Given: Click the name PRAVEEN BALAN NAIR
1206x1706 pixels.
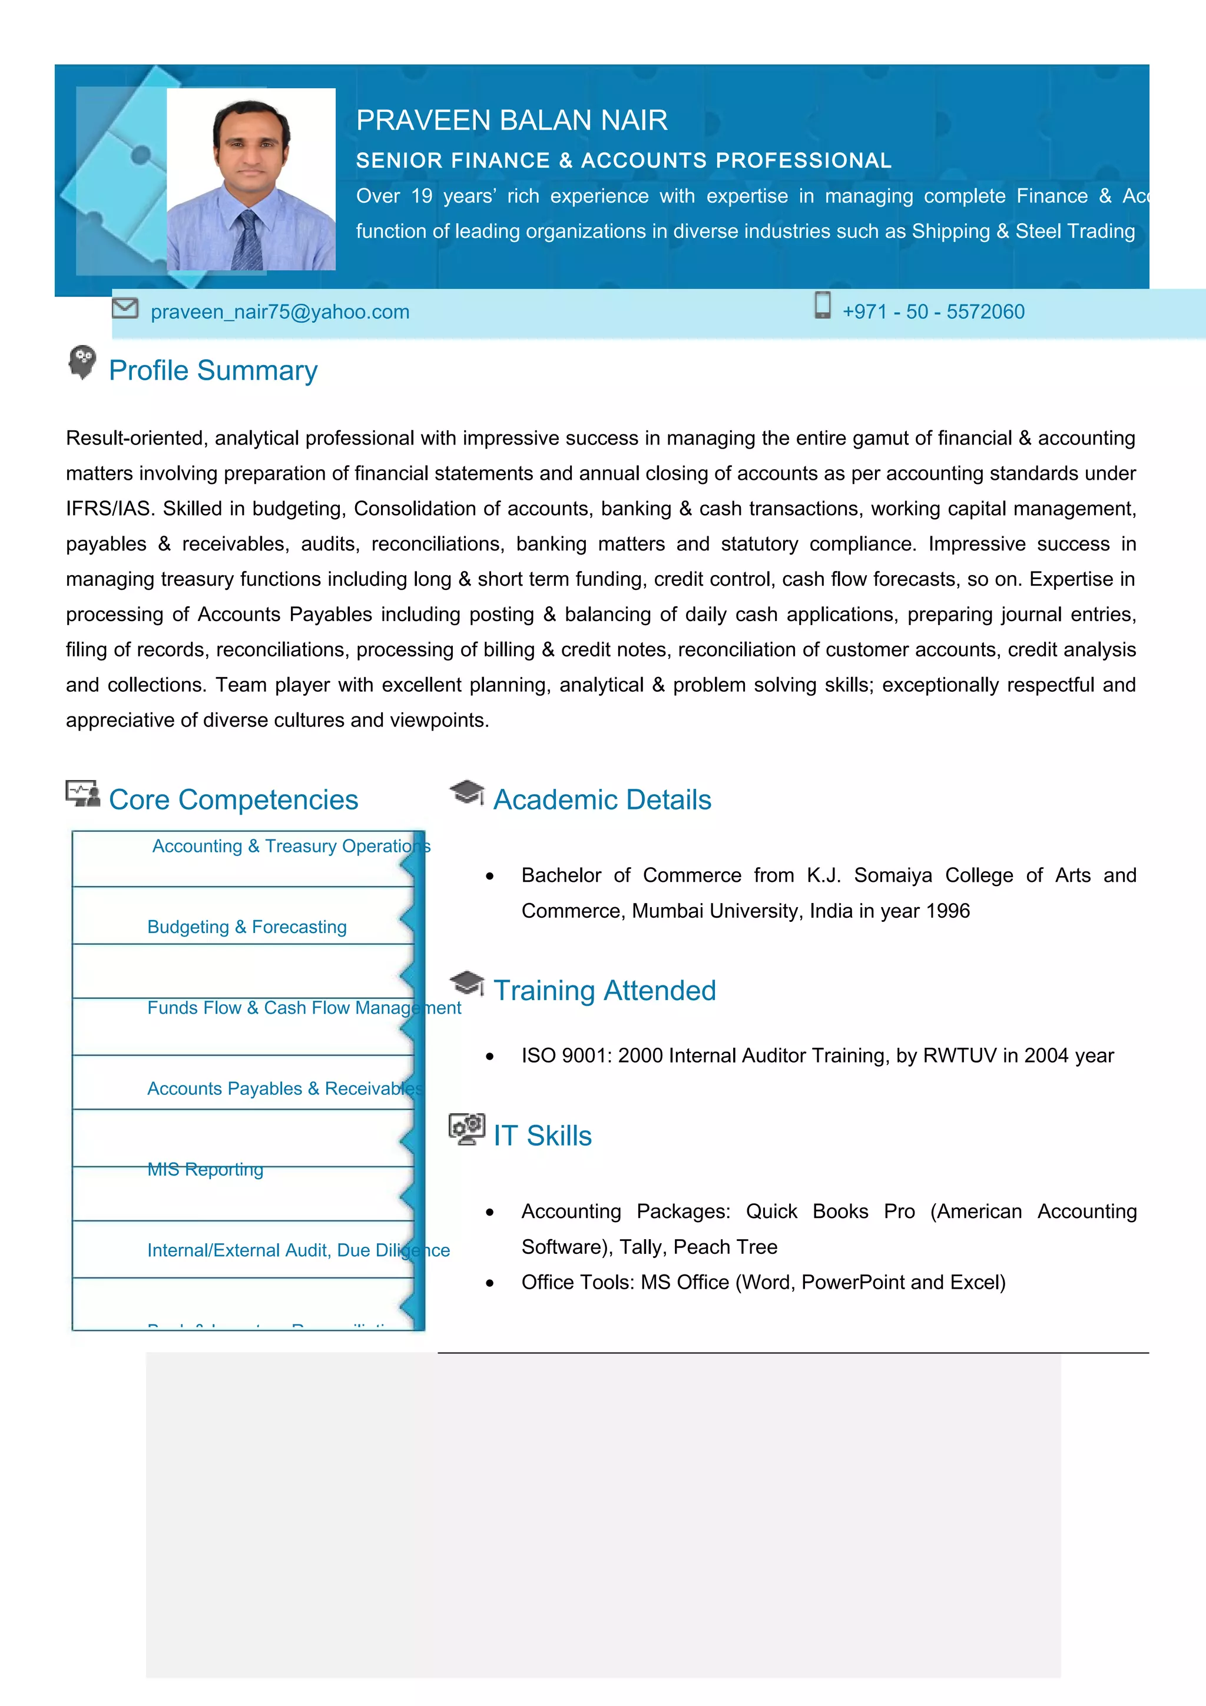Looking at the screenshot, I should (511, 120).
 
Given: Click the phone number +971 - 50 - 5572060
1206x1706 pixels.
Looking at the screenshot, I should (933, 312).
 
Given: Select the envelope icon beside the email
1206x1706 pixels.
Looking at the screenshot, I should (125, 308).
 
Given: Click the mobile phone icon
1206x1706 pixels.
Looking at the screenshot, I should (822, 306).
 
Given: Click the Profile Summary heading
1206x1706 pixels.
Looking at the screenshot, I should (213, 371).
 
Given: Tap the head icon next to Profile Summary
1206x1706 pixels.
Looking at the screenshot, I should (82, 362).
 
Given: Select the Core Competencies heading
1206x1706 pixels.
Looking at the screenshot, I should (233, 800).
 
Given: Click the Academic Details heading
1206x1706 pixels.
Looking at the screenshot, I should (602, 800).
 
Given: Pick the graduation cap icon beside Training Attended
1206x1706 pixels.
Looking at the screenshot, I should (466, 983).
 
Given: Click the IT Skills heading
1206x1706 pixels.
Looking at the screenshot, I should (542, 1136).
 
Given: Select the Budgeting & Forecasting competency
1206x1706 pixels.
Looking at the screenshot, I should (247, 927).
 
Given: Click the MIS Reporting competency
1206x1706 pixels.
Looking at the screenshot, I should (205, 1170).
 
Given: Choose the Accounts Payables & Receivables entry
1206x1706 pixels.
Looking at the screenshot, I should (284, 1088).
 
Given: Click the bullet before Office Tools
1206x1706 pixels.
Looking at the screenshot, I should (490, 1283).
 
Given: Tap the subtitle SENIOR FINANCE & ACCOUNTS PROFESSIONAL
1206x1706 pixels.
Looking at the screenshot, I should (624, 161).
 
